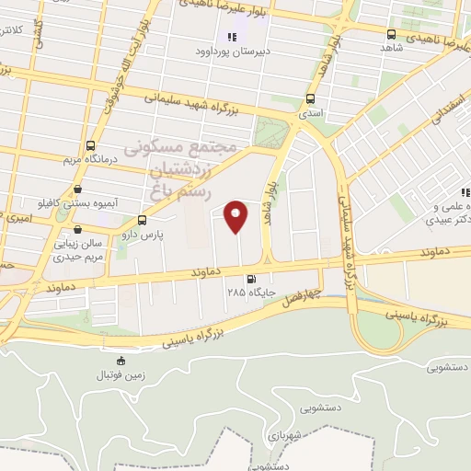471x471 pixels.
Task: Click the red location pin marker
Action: point(237,216)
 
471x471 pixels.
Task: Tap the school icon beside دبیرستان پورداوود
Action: point(233,37)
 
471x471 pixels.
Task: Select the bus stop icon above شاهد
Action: point(392,35)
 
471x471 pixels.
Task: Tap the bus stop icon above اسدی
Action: point(310,98)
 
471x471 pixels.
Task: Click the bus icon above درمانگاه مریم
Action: point(90,145)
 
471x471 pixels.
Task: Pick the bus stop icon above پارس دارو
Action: point(142,221)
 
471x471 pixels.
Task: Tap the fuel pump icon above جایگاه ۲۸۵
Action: point(249,279)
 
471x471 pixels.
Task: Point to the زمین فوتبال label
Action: point(120,376)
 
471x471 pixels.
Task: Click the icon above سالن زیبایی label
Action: point(77,230)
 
